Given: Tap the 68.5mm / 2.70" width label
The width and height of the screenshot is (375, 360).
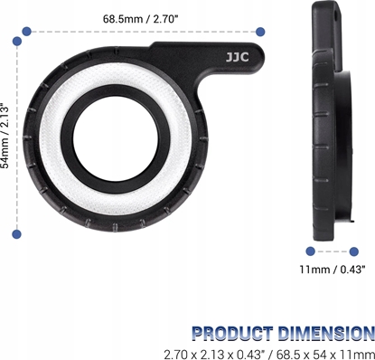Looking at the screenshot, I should coord(140,18).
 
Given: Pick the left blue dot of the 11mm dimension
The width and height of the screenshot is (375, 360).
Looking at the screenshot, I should coord(310,251).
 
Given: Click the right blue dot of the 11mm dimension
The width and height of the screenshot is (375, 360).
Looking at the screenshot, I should coord(358,251).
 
